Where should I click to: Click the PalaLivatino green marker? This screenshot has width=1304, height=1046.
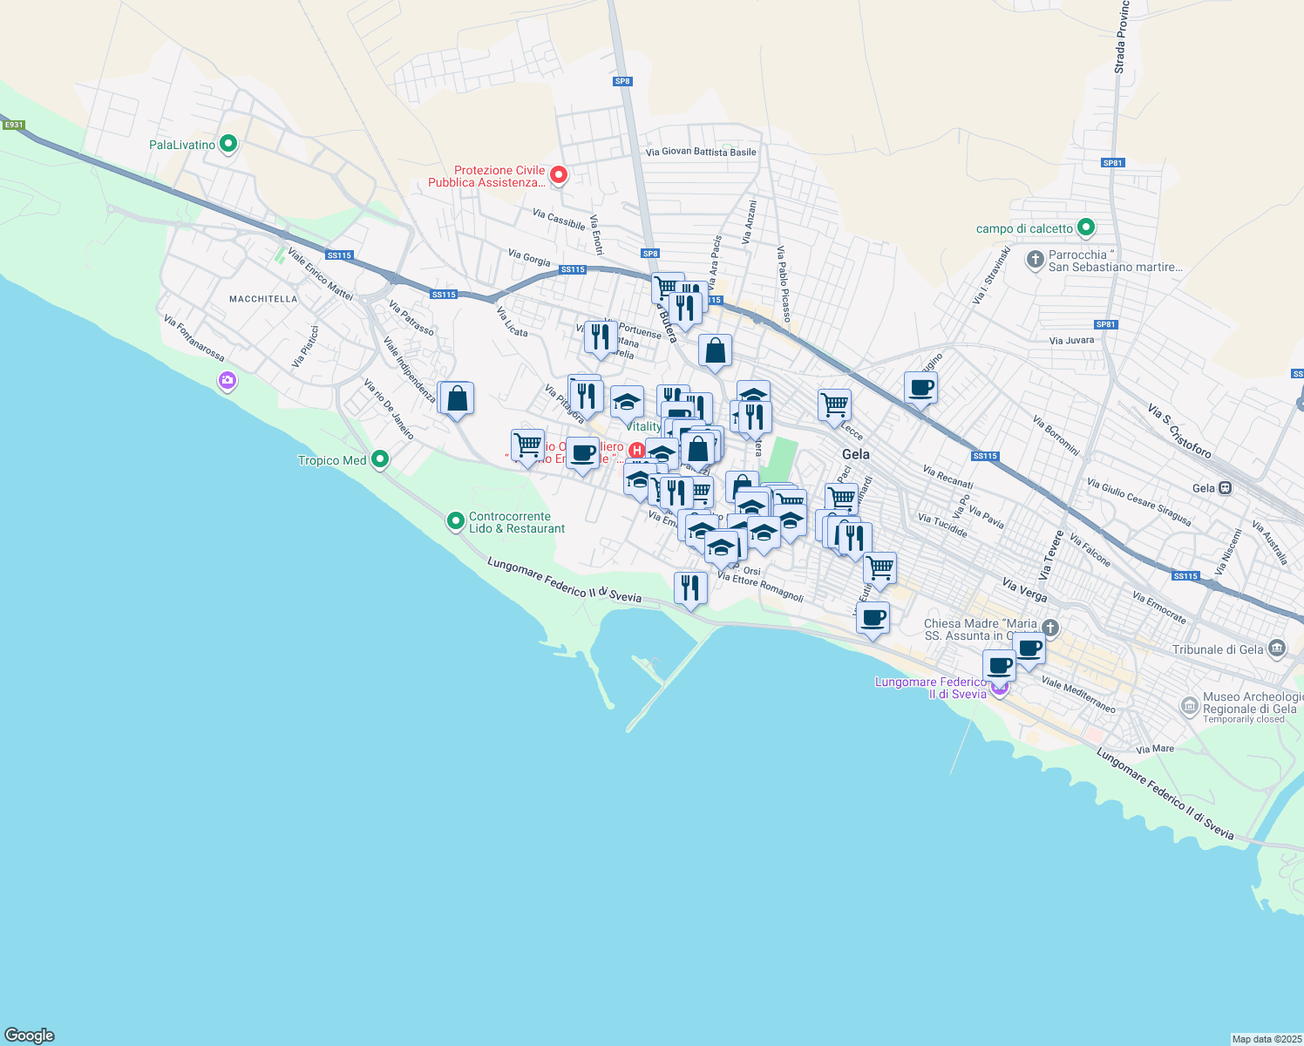click(228, 144)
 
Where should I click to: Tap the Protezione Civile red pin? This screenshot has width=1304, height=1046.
click(559, 175)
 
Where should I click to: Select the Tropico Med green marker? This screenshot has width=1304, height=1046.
click(379, 458)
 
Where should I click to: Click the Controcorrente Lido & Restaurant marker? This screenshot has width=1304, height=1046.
click(455, 521)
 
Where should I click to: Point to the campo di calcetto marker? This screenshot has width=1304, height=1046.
click(1085, 228)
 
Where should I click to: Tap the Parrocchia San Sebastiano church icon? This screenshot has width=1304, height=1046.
click(1035, 260)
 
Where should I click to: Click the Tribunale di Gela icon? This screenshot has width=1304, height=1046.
click(1277, 649)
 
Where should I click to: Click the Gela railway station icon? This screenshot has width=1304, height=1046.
click(1226, 488)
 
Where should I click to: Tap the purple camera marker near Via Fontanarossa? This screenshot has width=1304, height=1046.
click(228, 380)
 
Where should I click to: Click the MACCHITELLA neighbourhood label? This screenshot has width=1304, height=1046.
click(263, 299)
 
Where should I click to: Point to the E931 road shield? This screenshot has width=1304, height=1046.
click(13, 126)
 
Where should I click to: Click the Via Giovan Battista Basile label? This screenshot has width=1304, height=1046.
click(701, 152)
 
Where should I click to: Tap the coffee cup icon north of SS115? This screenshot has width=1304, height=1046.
click(920, 388)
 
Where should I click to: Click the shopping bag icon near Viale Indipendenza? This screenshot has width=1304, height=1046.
click(457, 399)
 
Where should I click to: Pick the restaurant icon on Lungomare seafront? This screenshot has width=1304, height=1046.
click(690, 588)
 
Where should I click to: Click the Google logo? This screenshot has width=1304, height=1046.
click(30, 1036)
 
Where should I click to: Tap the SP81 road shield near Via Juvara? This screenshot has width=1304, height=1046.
click(1105, 324)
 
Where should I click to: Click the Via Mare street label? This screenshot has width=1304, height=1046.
click(1155, 749)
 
